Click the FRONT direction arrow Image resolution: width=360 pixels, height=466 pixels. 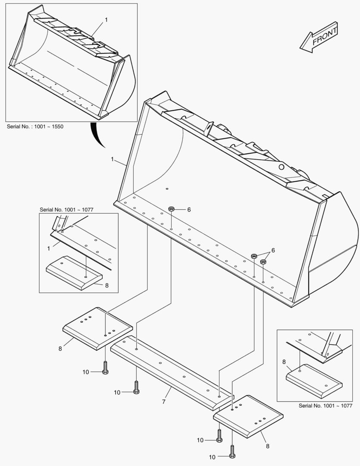pyautogui.click(x=319, y=38)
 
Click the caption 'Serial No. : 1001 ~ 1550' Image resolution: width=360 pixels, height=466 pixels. pyautogui.click(x=35, y=126)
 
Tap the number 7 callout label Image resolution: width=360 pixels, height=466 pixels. pyautogui.click(x=164, y=402)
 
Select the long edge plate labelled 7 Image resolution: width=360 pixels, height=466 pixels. pyautogui.click(x=172, y=373)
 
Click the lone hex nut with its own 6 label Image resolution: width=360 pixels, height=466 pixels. pyautogui.click(x=171, y=209)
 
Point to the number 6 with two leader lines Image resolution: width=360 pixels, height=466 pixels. pyautogui.click(x=273, y=250)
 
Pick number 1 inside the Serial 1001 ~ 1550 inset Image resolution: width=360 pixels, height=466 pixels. pyautogui.click(x=106, y=20)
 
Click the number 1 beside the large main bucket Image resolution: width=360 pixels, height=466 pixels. pyautogui.click(x=112, y=159)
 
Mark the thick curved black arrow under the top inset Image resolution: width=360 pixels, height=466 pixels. pyautogui.click(x=97, y=134)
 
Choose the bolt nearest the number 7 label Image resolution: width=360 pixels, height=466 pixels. pyautogui.click(x=136, y=387)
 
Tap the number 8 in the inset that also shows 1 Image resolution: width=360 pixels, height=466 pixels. pyautogui.click(x=107, y=285)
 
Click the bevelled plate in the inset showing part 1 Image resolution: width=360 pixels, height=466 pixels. pyautogui.click(x=74, y=273)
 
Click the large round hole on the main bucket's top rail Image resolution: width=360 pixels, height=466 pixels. pyautogui.click(x=281, y=167)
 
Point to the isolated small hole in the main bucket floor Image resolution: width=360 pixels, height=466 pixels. pyautogui.click(x=167, y=189)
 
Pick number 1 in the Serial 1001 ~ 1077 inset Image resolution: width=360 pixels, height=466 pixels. pyautogui.click(x=49, y=249)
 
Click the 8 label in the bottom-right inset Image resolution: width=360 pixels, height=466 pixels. pyautogui.click(x=284, y=362)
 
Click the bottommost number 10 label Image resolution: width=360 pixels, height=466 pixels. pyautogui.click(x=212, y=457)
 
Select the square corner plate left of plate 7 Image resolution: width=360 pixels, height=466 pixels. pyautogui.click(x=98, y=328)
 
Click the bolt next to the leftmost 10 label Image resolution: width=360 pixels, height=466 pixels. pyautogui.click(x=105, y=368)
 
